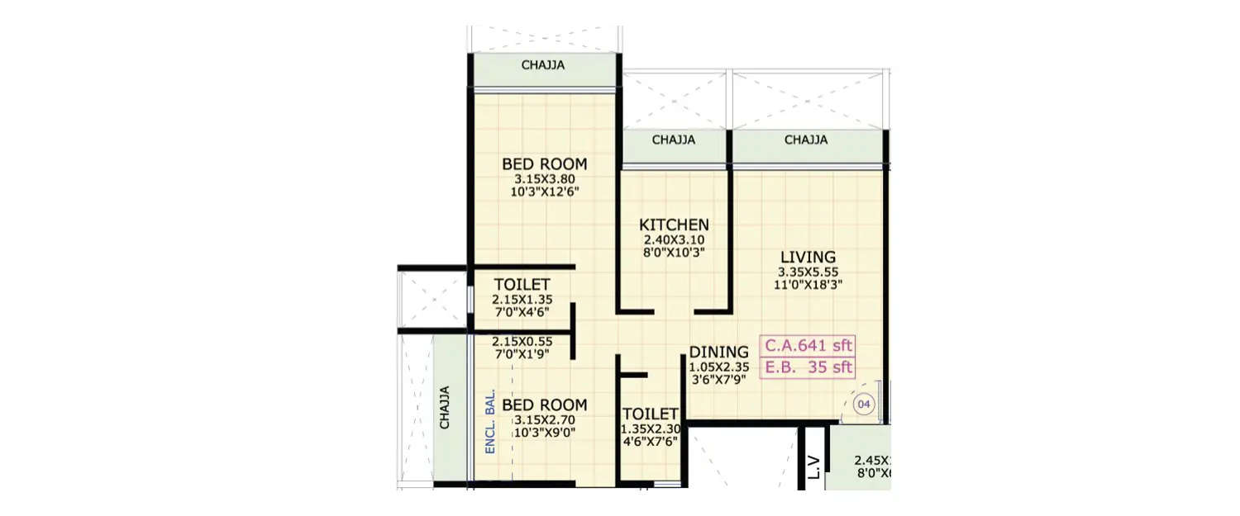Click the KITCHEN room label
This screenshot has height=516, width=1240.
(674, 225)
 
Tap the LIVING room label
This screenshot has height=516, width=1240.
(807, 257)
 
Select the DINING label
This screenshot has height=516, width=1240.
(718, 352)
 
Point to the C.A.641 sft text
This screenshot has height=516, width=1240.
(808, 345)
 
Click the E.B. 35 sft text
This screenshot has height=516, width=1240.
(808, 368)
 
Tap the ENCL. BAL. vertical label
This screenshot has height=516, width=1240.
(490, 421)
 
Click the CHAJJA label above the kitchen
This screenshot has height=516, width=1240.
(673, 140)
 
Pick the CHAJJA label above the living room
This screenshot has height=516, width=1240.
(806, 140)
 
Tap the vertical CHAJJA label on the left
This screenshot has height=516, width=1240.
(445, 407)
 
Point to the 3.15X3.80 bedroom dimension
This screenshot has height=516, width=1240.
(544, 179)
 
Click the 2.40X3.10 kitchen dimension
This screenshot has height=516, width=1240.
(674, 240)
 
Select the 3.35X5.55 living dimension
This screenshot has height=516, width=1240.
(807, 272)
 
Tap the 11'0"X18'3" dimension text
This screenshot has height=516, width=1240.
(807, 286)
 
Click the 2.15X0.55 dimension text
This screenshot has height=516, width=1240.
(522, 341)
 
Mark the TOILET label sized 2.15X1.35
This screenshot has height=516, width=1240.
(522, 285)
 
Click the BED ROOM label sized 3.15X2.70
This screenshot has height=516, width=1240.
(544, 405)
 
